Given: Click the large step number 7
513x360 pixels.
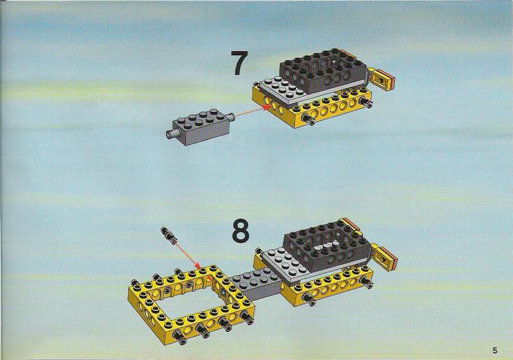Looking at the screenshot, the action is coord(239,63).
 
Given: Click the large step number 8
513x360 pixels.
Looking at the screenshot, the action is coord(241,231).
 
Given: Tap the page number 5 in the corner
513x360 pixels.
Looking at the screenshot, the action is coord(495,351).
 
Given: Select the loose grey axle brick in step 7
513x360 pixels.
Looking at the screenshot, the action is coord(200,127).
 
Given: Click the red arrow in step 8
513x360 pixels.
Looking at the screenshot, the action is coord(187,255).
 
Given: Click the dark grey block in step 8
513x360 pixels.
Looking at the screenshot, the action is coord(327,246).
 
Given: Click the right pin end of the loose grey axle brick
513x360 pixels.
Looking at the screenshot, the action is coord(231,116).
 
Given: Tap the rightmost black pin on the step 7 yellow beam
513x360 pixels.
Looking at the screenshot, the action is coord(367,103).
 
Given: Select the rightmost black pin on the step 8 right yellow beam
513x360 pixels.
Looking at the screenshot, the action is coord(367,282).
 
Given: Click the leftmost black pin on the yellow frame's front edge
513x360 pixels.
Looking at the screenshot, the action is coord(179,336).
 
